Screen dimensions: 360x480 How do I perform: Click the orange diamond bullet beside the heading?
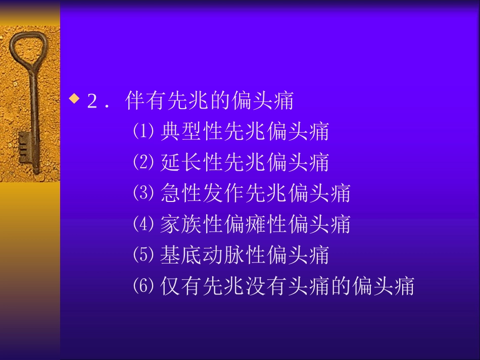[x=75, y=99]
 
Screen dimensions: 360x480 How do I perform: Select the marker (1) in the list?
[x=143, y=132]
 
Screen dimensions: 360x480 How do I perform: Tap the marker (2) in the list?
[x=143, y=163]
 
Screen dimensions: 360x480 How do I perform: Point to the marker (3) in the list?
[x=143, y=193]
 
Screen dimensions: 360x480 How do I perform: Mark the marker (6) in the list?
[x=143, y=286]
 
